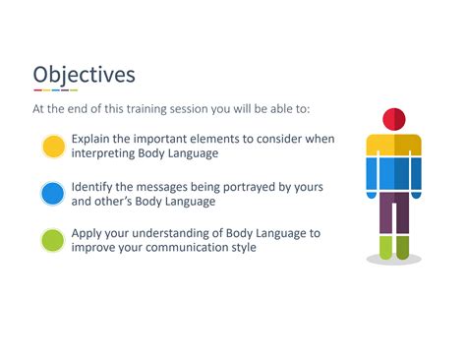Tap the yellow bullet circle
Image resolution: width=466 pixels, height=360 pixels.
click(53, 147)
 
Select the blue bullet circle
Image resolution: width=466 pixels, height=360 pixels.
click(53, 194)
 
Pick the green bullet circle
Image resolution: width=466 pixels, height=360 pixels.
click(53, 240)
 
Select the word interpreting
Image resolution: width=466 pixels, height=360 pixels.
click(110, 154)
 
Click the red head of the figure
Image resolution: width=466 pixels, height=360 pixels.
click(393, 120)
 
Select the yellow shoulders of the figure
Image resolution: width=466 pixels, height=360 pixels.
click(393, 144)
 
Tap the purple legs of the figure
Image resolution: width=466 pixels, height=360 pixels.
click(393, 211)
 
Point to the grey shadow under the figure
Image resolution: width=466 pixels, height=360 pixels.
click(393, 259)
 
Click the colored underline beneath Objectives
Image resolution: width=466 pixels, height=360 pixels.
click(55, 91)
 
